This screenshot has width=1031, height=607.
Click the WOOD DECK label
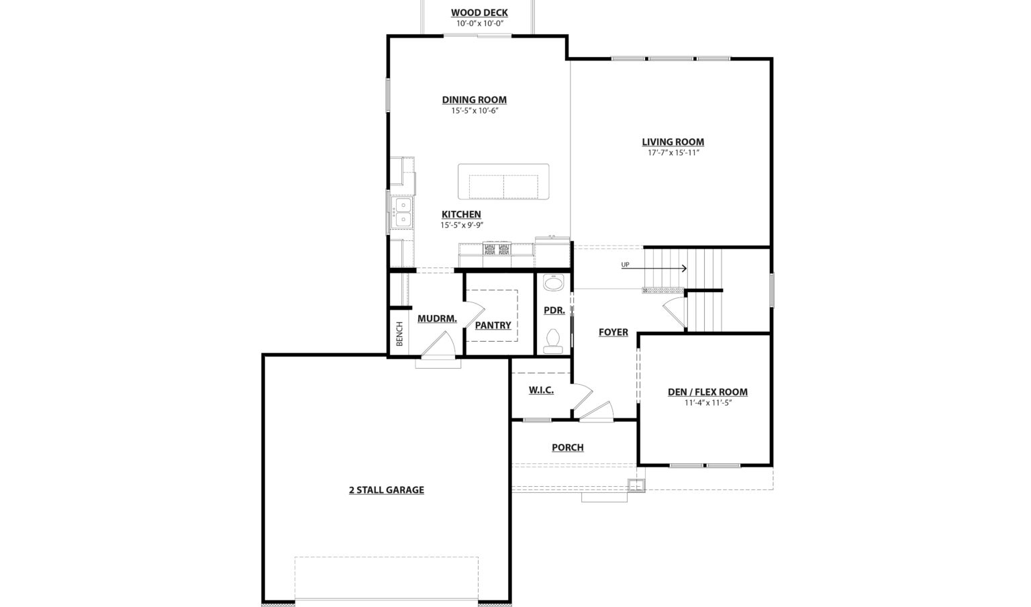(479, 13)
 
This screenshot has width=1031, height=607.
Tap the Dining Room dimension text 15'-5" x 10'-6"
(475, 111)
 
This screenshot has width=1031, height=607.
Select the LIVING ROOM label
(673, 142)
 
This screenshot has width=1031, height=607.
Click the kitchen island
(503, 181)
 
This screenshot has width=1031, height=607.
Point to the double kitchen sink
(403, 212)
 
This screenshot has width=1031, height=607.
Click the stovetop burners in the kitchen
(497, 249)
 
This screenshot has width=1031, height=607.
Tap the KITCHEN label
(461, 214)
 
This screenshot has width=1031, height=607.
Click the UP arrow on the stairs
(654, 268)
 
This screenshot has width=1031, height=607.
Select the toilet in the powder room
(553, 341)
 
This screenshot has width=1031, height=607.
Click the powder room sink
(553, 283)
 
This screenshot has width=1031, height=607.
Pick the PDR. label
(554, 310)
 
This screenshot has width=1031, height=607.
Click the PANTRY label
(493, 325)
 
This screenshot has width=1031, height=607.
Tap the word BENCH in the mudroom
(399, 334)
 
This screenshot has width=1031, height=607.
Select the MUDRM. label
(437, 319)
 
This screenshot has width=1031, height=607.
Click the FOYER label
(613, 332)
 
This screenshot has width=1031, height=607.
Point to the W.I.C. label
(541, 390)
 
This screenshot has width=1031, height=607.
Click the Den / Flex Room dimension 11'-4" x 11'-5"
(708, 402)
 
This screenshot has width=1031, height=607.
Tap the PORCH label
(567, 447)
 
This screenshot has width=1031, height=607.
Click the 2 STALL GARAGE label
(387, 490)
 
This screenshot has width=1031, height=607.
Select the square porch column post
(636, 485)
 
